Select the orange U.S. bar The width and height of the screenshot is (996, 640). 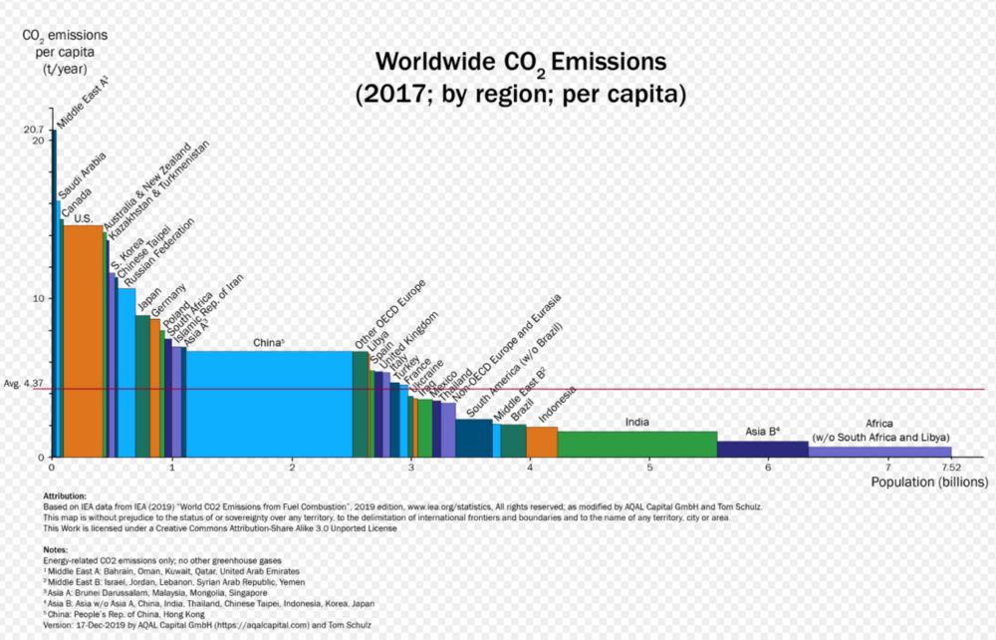82,339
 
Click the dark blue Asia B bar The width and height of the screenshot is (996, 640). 762,449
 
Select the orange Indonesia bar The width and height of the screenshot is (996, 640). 542,442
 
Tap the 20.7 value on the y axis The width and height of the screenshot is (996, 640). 32,130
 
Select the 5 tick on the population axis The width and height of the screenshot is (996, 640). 649,467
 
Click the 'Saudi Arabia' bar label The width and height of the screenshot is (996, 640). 82,178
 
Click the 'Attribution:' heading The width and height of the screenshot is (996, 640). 65,495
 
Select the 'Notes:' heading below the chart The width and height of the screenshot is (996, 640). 56,550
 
